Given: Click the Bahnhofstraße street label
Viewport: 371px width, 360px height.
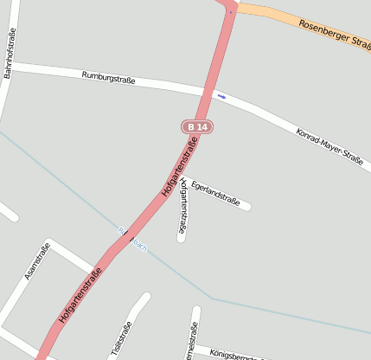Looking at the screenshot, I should (9, 54).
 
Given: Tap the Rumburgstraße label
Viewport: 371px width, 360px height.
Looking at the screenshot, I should (109, 78).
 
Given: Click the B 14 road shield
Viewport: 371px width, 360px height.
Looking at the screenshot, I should (197, 126).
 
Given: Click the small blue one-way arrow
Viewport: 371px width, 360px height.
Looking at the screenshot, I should (222, 96).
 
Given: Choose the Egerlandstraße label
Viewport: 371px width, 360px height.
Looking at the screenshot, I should (215, 193).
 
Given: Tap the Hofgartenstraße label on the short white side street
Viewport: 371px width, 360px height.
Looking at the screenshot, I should (182, 207).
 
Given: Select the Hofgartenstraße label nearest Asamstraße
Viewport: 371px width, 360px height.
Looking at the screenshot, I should (86, 295).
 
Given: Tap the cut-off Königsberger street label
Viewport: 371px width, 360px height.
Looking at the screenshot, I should (234, 354).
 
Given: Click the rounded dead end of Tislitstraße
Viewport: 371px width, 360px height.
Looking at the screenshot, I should (144, 299).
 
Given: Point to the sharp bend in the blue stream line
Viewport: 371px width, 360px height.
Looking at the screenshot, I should (210, 299).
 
